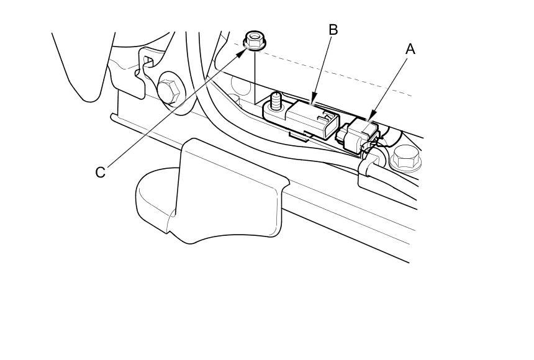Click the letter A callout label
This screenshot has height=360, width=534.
click(x=409, y=49)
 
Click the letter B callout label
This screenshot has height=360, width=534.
click(x=333, y=29)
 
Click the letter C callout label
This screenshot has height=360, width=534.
click(x=100, y=172)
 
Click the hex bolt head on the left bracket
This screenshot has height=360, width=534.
click(x=168, y=91)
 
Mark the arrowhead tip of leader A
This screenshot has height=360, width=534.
click(x=371, y=118)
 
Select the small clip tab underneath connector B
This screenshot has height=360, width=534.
click(x=300, y=134)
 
